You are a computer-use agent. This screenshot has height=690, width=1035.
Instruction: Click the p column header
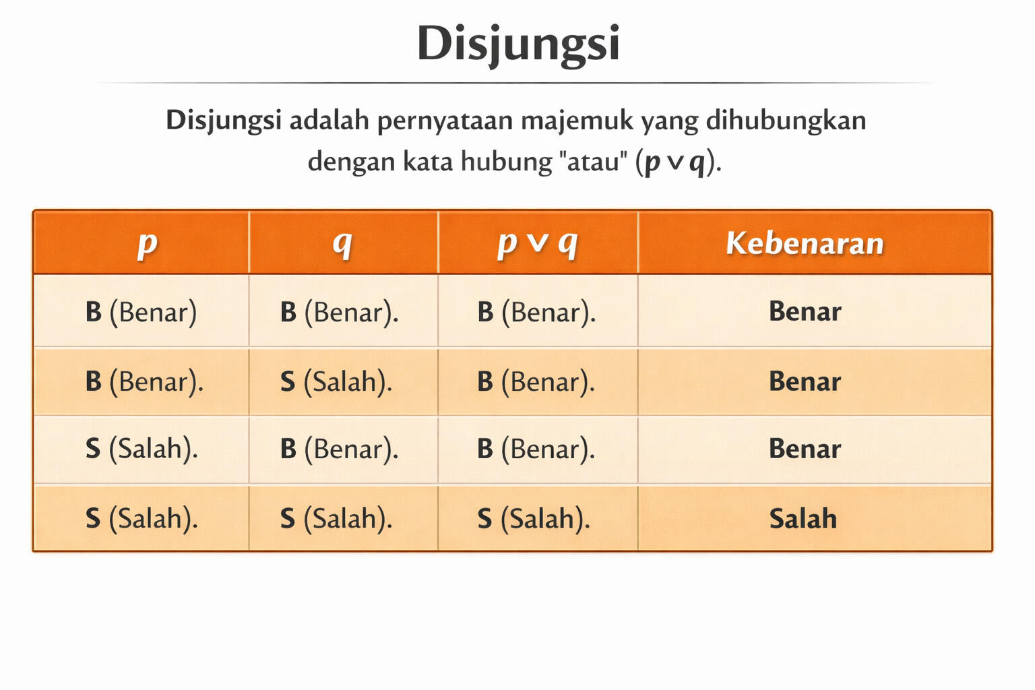point(148,243)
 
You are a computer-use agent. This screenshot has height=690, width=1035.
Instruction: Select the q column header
point(343,243)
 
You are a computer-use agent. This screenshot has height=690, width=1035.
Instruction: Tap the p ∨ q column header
point(537,243)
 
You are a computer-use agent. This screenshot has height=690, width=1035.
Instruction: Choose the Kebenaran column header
point(805,243)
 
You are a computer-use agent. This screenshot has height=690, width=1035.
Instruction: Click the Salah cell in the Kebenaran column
point(803,518)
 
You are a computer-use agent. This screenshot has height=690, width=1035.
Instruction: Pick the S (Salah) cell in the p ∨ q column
point(534,518)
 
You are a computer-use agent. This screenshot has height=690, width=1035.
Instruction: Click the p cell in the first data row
point(142,312)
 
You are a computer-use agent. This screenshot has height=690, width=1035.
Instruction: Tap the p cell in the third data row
point(142,448)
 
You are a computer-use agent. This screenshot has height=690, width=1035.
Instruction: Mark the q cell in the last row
point(336,518)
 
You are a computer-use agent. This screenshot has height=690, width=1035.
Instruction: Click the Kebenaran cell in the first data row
point(805,311)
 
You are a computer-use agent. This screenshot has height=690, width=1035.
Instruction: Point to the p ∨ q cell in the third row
point(536,449)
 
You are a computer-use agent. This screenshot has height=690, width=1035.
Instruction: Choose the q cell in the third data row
point(339,449)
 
